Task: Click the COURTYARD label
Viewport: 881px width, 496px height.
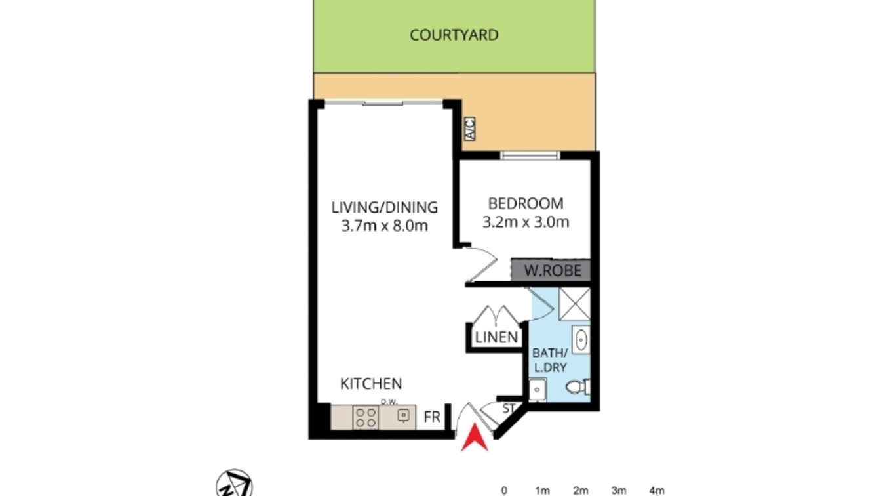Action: [x=454, y=35]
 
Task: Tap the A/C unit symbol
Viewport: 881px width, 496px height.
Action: [x=469, y=129]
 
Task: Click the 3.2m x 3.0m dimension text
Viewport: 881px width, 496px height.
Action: [x=526, y=222]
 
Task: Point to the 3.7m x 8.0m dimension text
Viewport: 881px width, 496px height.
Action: [x=384, y=226]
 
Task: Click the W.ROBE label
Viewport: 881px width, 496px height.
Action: [x=553, y=270]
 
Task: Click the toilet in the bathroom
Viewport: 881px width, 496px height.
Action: [x=578, y=388]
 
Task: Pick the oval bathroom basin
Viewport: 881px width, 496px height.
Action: [x=581, y=341]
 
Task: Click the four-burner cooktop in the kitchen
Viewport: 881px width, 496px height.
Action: [x=366, y=417]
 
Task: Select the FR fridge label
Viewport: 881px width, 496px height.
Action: [x=431, y=417]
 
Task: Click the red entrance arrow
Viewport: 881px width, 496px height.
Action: [x=475, y=438]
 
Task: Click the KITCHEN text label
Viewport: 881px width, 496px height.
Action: [x=370, y=384]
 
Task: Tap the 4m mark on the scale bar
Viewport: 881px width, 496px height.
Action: [x=656, y=490]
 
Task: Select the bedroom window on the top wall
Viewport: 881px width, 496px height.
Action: [x=530, y=155]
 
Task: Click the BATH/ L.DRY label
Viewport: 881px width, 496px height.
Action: [x=549, y=361]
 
